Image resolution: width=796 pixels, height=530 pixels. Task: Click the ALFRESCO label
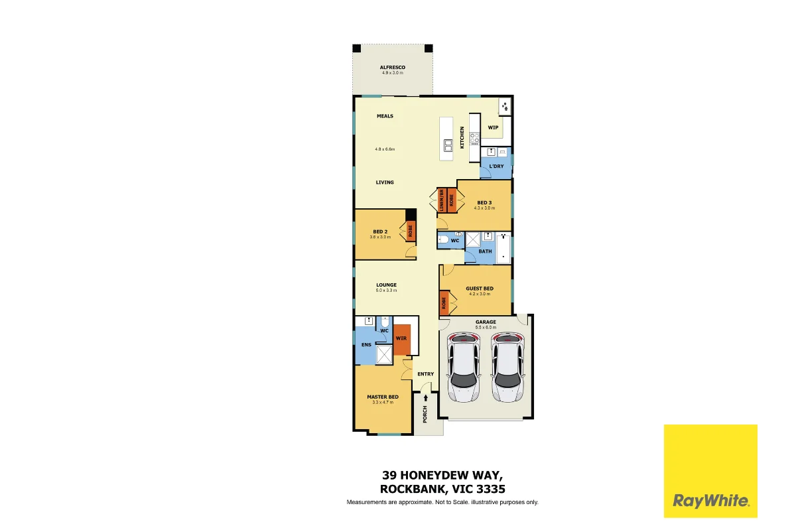392,68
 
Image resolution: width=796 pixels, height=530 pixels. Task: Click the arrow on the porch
425,398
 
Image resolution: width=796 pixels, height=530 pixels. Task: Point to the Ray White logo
710,470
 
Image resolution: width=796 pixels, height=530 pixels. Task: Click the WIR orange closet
401,339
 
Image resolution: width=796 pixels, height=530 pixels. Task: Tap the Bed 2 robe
410,232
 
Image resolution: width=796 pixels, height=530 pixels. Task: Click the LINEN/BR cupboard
441,202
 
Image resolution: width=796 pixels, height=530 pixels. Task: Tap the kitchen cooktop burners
474,139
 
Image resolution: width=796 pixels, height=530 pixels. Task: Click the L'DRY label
496,166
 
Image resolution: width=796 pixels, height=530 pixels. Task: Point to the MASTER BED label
383,397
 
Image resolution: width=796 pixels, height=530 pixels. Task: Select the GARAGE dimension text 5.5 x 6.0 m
486,328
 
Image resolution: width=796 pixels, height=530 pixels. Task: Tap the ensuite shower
384,354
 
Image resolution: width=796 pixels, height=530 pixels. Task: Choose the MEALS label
385,116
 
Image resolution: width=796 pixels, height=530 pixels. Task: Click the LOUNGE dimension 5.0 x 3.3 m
386,291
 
